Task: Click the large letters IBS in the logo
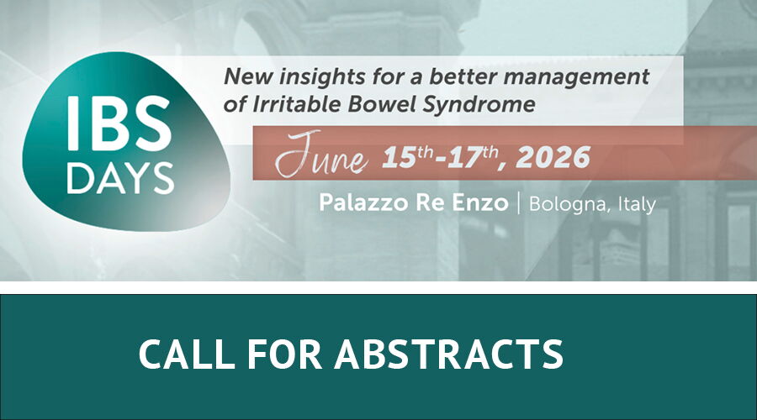pyautogui.click(x=119, y=123)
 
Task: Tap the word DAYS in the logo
pyautogui.click(x=120, y=178)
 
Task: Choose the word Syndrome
pyautogui.click(x=479, y=106)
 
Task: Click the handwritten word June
pyautogui.click(x=322, y=155)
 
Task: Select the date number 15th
pyautogui.click(x=407, y=158)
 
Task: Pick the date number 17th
pyautogui.click(x=472, y=158)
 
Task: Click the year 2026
pyautogui.click(x=553, y=158)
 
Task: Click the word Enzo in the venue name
pyautogui.click(x=480, y=202)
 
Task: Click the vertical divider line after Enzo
pyautogui.click(x=519, y=203)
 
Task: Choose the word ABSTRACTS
pyautogui.click(x=449, y=354)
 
